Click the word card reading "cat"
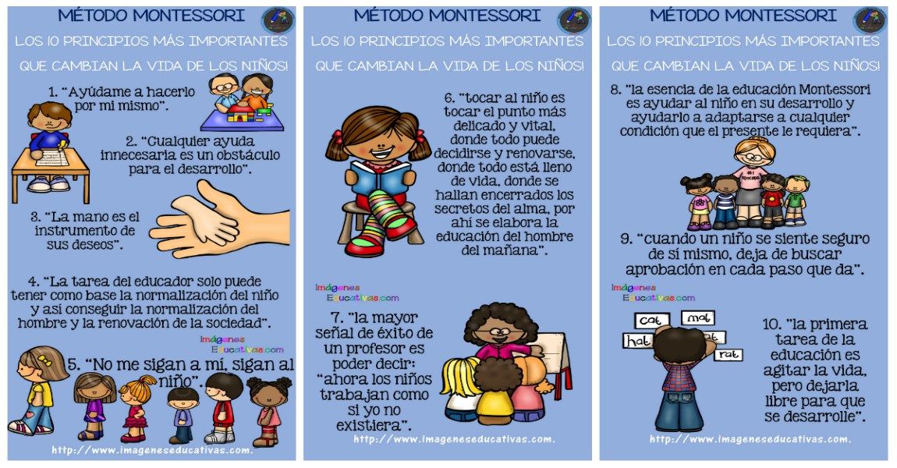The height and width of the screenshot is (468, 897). [648, 321]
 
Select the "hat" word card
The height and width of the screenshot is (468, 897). [636, 341]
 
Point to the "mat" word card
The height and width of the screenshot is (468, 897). [697, 318]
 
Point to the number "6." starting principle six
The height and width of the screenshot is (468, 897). [449, 98]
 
